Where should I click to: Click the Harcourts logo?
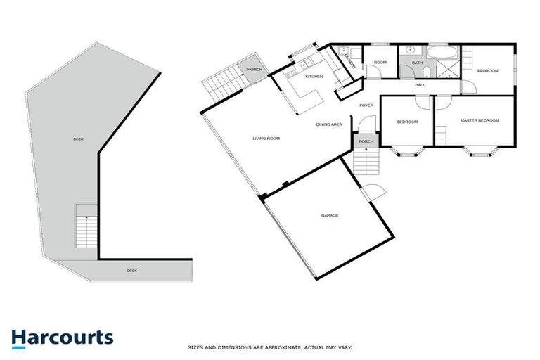tap(62, 337)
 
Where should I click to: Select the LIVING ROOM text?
tap(266, 139)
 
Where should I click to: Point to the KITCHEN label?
tap(314, 76)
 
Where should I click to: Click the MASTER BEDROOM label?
tap(480, 120)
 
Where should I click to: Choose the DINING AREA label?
tap(329, 124)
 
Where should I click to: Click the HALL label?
tap(420, 85)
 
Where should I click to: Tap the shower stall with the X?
tap(446, 69)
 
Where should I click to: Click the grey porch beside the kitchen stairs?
tap(254, 69)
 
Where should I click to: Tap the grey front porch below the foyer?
tap(366, 142)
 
